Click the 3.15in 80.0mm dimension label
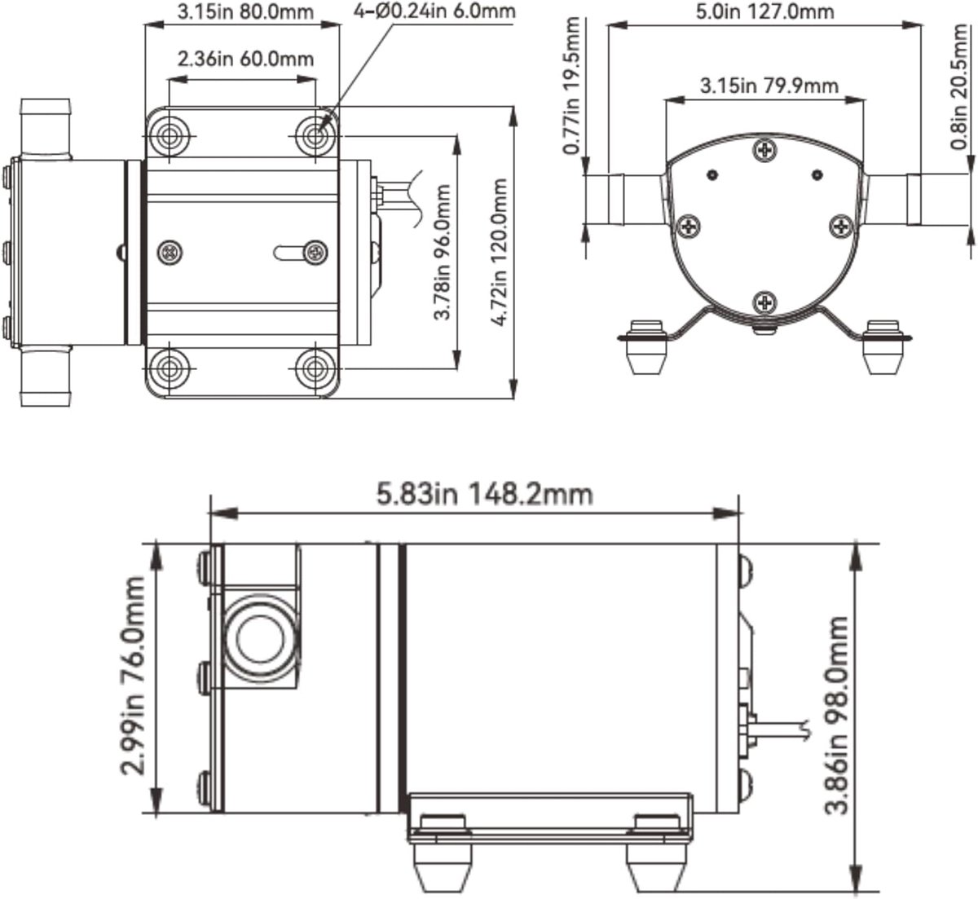click(x=245, y=12)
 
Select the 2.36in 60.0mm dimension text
click(x=245, y=59)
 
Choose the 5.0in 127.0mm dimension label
click(x=764, y=11)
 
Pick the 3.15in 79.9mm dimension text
click(x=769, y=86)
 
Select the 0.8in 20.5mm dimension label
click(x=958, y=86)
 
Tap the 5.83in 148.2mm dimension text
click(x=485, y=494)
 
